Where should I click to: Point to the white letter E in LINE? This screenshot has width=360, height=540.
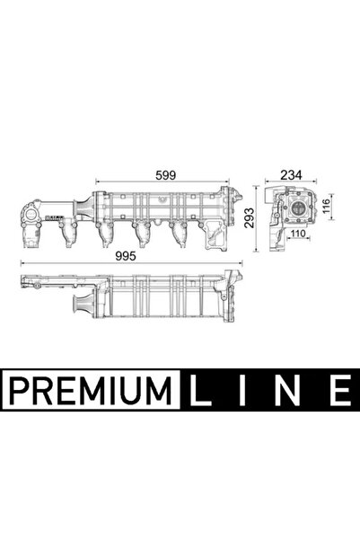336,391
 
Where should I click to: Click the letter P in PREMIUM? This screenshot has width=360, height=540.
19,391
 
